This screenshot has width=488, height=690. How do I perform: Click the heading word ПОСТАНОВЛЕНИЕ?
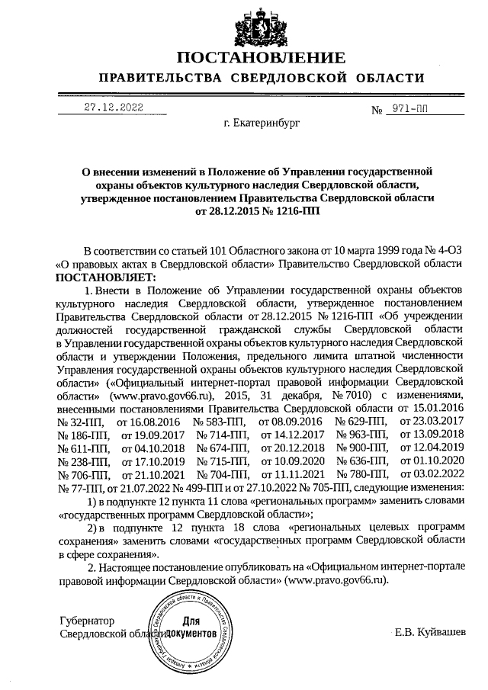click(x=261, y=58)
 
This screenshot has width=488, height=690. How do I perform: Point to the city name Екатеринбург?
click(x=262, y=121)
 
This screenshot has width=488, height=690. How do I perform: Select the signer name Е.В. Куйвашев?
click(x=427, y=634)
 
